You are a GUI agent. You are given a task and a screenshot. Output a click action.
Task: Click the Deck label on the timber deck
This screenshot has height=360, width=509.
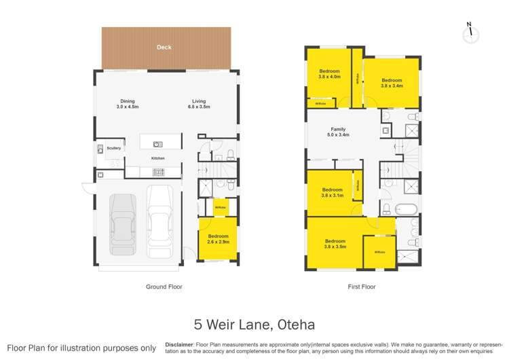tap(164, 48)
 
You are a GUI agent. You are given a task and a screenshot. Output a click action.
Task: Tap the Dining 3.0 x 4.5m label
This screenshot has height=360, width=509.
tap(127, 104)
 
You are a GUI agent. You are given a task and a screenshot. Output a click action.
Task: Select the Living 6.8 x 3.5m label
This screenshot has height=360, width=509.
tap(199, 104)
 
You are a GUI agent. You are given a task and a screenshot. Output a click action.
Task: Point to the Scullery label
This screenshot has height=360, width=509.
tap(113, 147)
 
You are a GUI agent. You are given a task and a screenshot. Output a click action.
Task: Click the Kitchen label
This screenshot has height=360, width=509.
tap(157, 158)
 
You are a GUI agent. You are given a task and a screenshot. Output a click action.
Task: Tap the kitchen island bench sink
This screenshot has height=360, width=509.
tap(157, 143)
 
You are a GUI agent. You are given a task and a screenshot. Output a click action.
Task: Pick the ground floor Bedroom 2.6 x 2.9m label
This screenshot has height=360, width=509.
tap(219, 239)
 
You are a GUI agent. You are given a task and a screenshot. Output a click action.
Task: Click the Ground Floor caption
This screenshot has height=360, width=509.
tap(164, 287)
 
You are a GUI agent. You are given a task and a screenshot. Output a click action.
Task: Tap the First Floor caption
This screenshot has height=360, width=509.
tap(362, 287)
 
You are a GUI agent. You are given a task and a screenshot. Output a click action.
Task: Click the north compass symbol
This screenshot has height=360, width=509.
tap(468, 35)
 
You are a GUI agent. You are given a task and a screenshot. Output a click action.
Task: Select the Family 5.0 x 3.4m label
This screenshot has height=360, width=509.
tap(338, 132)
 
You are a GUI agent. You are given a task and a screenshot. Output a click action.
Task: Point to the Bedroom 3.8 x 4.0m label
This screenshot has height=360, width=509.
tap(329, 73)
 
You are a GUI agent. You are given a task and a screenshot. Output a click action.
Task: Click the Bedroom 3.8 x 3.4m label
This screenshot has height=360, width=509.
tap(392, 83)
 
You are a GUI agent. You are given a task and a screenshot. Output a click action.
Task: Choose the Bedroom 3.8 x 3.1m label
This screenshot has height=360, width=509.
tap(332, 192)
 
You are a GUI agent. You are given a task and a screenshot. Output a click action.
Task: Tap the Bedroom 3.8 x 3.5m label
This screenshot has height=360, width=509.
tap(335, 244)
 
